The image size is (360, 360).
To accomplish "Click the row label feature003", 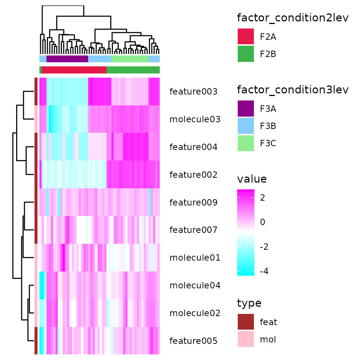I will (x=193, y=91).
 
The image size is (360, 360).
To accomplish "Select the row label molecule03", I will (x=195, y=119).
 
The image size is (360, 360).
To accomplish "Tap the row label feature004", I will (x=193, y=147).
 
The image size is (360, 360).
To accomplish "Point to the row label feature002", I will (x=193, y=175).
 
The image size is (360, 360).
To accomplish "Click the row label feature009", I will (x=193, y=202).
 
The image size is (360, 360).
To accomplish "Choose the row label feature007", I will (x=193, y=229).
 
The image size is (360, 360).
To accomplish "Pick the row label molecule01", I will (x=195, y=258).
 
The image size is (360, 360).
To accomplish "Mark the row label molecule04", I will (x=195, y=285).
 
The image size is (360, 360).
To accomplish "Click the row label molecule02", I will (x=195, y=313).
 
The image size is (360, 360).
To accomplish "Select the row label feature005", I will (x=193, y=341).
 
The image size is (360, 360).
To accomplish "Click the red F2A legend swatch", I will (x=246, y=37).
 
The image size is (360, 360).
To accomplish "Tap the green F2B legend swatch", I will (x=246, y=54).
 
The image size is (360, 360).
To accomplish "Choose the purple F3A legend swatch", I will (x=246, y=109).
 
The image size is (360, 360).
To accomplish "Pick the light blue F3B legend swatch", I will (x=246, y=126).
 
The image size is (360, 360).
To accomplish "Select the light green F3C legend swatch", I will (x=246, y=143).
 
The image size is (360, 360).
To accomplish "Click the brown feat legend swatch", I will (x=246, y=322).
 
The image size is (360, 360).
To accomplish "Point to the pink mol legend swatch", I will (x=246, y=339).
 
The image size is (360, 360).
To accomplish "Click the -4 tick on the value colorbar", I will (x=264, y=271).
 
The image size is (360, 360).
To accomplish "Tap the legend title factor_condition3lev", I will (x=293, y=90).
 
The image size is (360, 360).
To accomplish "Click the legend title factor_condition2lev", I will (x=293, y=18).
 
